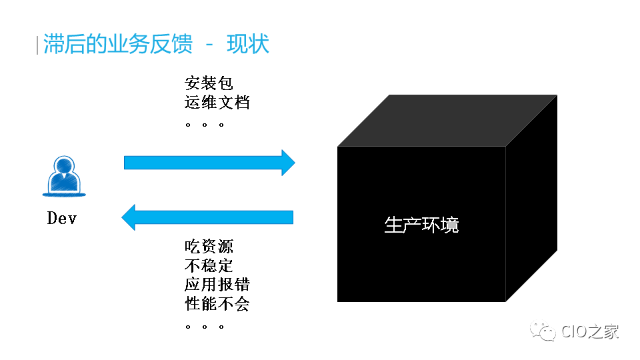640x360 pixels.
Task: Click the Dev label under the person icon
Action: tap(61, 218)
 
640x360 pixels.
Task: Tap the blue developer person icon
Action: tap(64, 176)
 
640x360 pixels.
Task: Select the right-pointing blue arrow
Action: tap(209, 163)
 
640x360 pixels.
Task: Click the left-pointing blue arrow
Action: tap(207, 217)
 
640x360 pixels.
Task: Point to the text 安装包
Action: tap(209, 83)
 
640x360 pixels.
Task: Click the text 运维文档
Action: tap(217, 102)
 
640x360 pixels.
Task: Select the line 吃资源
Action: tap(209, 247)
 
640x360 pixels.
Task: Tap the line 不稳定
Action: tap(209, 266)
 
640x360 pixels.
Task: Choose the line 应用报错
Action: tap(217, 285)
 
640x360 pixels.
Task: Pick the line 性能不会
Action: tap(217, 304)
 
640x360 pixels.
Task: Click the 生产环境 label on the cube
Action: tap(421, 225)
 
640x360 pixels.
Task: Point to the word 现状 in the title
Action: tap(248, 44)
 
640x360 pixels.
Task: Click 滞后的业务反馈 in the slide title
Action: tap(117, 44)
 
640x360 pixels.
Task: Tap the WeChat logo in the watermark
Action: tap(543, 331)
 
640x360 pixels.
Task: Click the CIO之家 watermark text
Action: tap(590, 331)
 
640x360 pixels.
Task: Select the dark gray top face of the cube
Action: tap(447, 121)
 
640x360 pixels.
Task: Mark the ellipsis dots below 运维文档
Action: tap(205, 125)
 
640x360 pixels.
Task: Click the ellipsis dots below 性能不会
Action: tap(205, 327)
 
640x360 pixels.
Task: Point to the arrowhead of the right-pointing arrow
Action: tap(288, 163)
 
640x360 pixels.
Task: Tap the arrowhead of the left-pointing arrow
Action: tap(128, 217)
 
